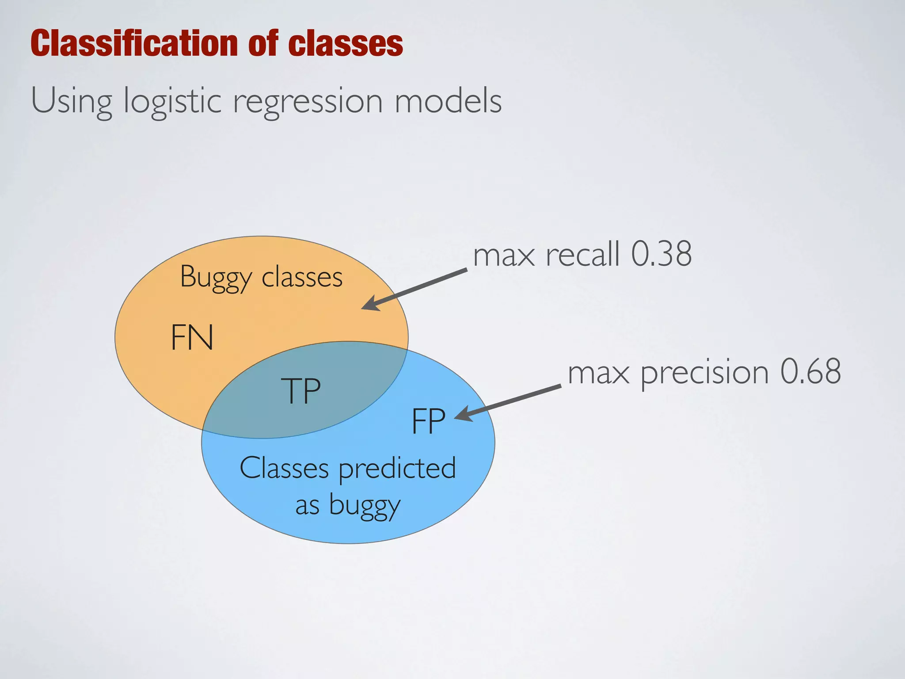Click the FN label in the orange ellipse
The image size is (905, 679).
point(192,338)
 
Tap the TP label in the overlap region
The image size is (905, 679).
point(301,391)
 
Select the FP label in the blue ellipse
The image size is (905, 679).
point(428,421)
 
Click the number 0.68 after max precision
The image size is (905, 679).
point(810,372)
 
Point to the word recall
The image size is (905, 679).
point(582,255)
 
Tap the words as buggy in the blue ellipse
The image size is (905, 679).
point(348,505)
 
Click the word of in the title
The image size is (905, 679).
point(263,43)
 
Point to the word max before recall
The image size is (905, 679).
point(504,256)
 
